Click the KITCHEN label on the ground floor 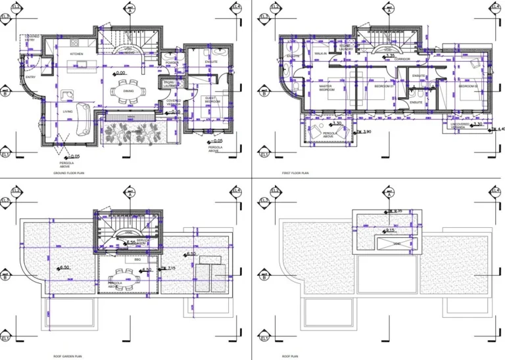point(76,55)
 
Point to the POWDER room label point(172,63)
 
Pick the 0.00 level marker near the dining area point(120,74)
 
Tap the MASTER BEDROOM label point(326,87)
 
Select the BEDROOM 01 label point(383,86)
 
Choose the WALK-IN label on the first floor point(321,54)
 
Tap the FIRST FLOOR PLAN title point(295,173)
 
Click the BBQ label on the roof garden point(137,259)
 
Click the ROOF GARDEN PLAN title point(68,356)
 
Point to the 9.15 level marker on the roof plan point(390,231)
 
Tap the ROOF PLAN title point(290,356)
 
